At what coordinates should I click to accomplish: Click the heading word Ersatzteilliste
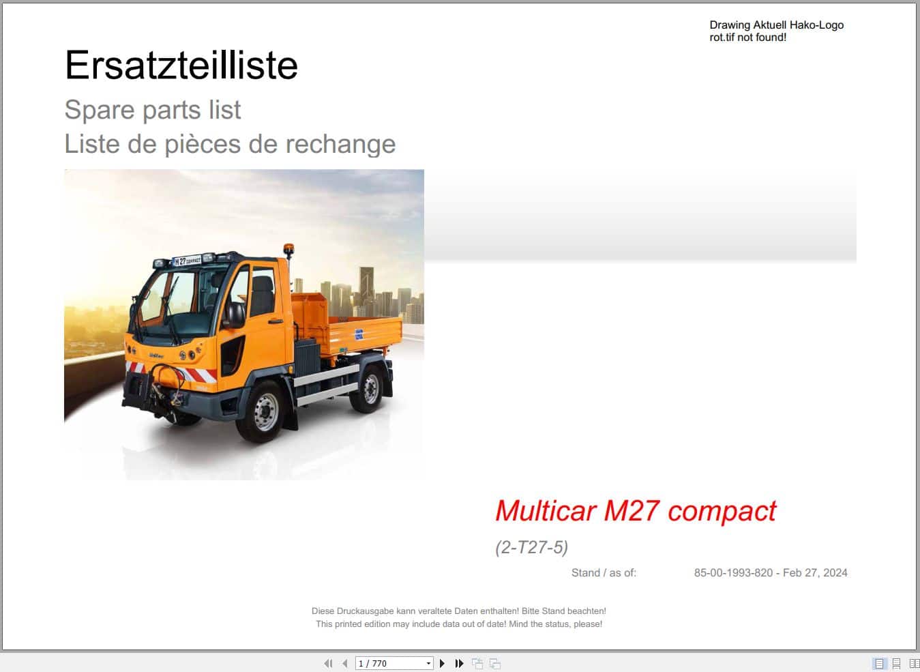tap(181, 65)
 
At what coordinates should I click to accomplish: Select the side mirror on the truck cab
tap(235, 315)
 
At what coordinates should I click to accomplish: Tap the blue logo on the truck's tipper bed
tap(359, 334)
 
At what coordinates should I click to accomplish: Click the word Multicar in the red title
tap(545, 510)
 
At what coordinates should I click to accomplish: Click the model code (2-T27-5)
tap(531, 547)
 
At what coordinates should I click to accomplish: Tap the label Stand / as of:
tap(604, 573)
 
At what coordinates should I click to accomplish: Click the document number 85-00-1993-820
tap(733, 573)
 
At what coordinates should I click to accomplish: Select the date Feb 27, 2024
tap(815, 573)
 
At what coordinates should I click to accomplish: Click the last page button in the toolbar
tap(460, 663)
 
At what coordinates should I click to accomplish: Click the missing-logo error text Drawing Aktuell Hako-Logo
tap(776, 25)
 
